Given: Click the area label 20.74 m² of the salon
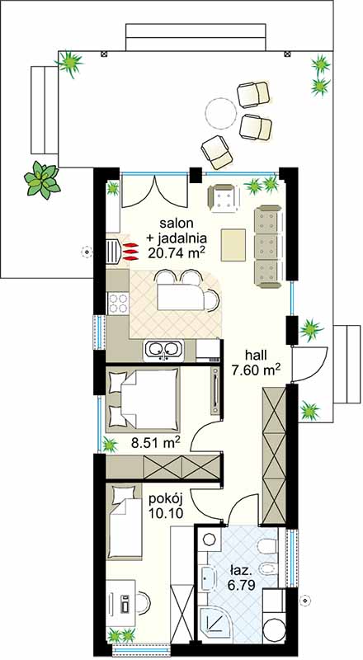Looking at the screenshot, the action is pyautogui.click(x=177, y=252).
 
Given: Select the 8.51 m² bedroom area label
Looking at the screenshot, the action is pyautogui.click(x=155, y=443).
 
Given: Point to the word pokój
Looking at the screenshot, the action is pyautogui.click(x=165, y=500).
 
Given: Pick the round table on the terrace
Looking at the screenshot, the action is pyautogui.click(x=220, y=113).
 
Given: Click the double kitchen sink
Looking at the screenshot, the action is pyautogui.click(x=163, y=350).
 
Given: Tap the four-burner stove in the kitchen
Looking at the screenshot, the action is pyautogui.click(x=118, y=303).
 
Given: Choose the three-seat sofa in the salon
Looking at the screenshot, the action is pyautogui.click(x=267, y=246).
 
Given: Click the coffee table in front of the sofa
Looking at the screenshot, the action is pyautogui.click(x=233, y=244).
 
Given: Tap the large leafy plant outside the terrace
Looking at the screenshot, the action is pyautogui.click(x=42, y=180).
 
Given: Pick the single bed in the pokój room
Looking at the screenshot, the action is pyautogui.click(x=124, y=522).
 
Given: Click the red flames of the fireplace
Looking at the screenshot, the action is pyautogui.click(x=130, y=251).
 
